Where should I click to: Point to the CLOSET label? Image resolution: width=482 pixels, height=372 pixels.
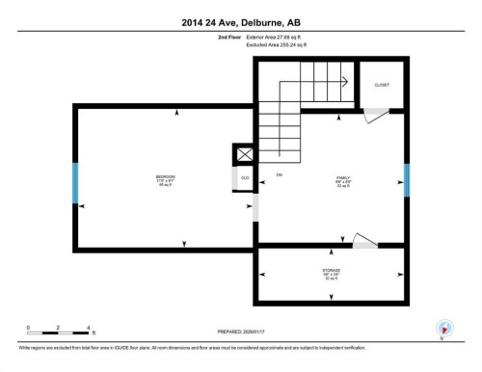[x=382, y=85]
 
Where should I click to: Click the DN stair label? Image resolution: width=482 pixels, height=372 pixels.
[x=280, y=174]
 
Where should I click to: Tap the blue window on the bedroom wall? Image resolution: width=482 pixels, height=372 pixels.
[x=75, y=182]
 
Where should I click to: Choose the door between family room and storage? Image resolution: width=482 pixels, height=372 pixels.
[x=365, y=240]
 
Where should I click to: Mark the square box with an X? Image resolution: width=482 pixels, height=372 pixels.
[x=245, y=154]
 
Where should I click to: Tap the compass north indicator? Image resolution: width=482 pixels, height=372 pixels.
[x=443, y=328]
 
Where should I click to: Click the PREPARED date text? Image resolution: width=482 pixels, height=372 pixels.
[x=241, y=332]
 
